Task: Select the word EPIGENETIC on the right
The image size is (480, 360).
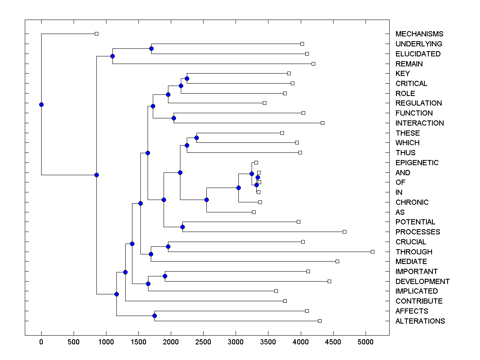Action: (x=417, y=163)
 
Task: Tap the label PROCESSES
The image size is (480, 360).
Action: (x=418, y=232)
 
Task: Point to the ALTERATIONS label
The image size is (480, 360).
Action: (x=420, y=321)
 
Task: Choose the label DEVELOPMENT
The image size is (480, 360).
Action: (x=422, y=282)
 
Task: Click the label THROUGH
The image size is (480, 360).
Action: (x=414, y=252)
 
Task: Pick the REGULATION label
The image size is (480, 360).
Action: (x=418, y=103)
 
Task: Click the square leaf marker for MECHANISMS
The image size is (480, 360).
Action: (x=96, y=34)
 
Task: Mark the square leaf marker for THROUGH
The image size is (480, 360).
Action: (x=372, y=252)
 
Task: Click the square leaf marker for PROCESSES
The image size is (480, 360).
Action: (x=344, y=232)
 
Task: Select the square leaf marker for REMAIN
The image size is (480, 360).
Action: (x=313, y=64)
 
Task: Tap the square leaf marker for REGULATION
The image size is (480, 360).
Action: (x=264, y=103)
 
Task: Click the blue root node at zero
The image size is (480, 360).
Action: (x=41, y=104)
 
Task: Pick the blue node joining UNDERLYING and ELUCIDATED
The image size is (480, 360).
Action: (x=151, y=48)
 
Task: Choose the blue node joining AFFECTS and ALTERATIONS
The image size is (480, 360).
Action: (x=154, y=316)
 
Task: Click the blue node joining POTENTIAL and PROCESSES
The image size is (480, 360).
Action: (x=182, y=227)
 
